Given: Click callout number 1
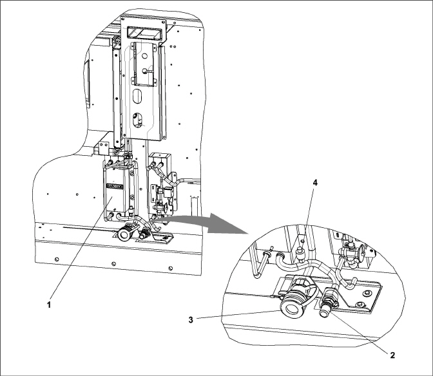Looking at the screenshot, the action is [49, 305].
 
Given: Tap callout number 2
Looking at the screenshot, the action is [392, 355].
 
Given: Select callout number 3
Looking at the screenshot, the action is [191, 320].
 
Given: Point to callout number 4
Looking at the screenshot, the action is [315, 183].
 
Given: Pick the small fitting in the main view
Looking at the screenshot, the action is [144, 235].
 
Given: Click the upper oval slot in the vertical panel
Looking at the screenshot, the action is [137, 97].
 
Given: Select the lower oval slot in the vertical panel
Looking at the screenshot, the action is [137, 120].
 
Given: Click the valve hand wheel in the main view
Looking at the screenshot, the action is [165, 207].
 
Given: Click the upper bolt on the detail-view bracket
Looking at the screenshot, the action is [367, 293].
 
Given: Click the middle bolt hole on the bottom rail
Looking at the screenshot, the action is [113, 264].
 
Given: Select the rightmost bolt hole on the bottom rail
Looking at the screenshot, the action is [170, 268].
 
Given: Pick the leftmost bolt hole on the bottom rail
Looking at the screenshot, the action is [57, 259].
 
